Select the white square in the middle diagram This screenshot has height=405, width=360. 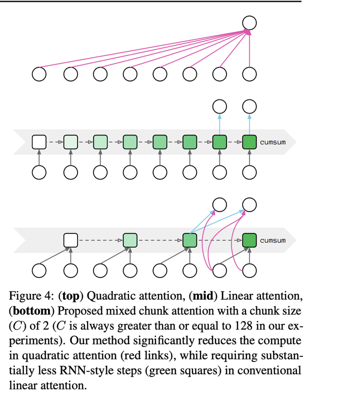click(x=39, y=142)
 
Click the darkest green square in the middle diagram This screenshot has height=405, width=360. click(x=249, y=142)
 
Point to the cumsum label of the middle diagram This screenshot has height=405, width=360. click(x=272, y=142)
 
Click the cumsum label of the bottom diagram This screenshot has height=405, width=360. click(x=272, y=240)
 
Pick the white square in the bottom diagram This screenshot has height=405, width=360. click(x=71, y=240)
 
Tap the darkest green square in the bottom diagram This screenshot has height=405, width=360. click(x=249, y=240)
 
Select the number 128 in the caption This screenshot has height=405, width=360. click(x=243, y=326)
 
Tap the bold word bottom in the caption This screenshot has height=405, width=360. click(x=31, y=310)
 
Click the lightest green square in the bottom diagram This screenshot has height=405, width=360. click(x=130, y=240)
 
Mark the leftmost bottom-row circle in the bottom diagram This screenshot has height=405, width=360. click(x=39, y=270)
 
